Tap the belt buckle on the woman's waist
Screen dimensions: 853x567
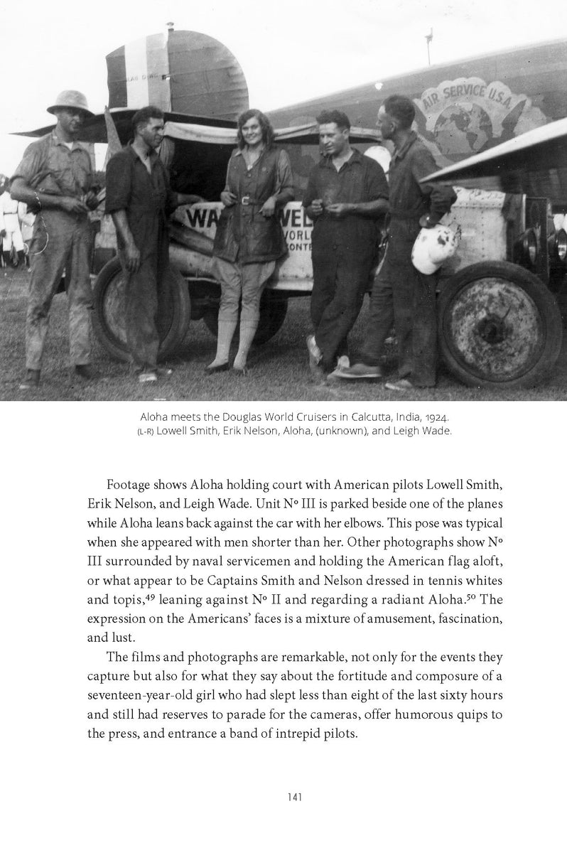[246, 200]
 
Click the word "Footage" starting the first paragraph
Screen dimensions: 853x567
[128, 485]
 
